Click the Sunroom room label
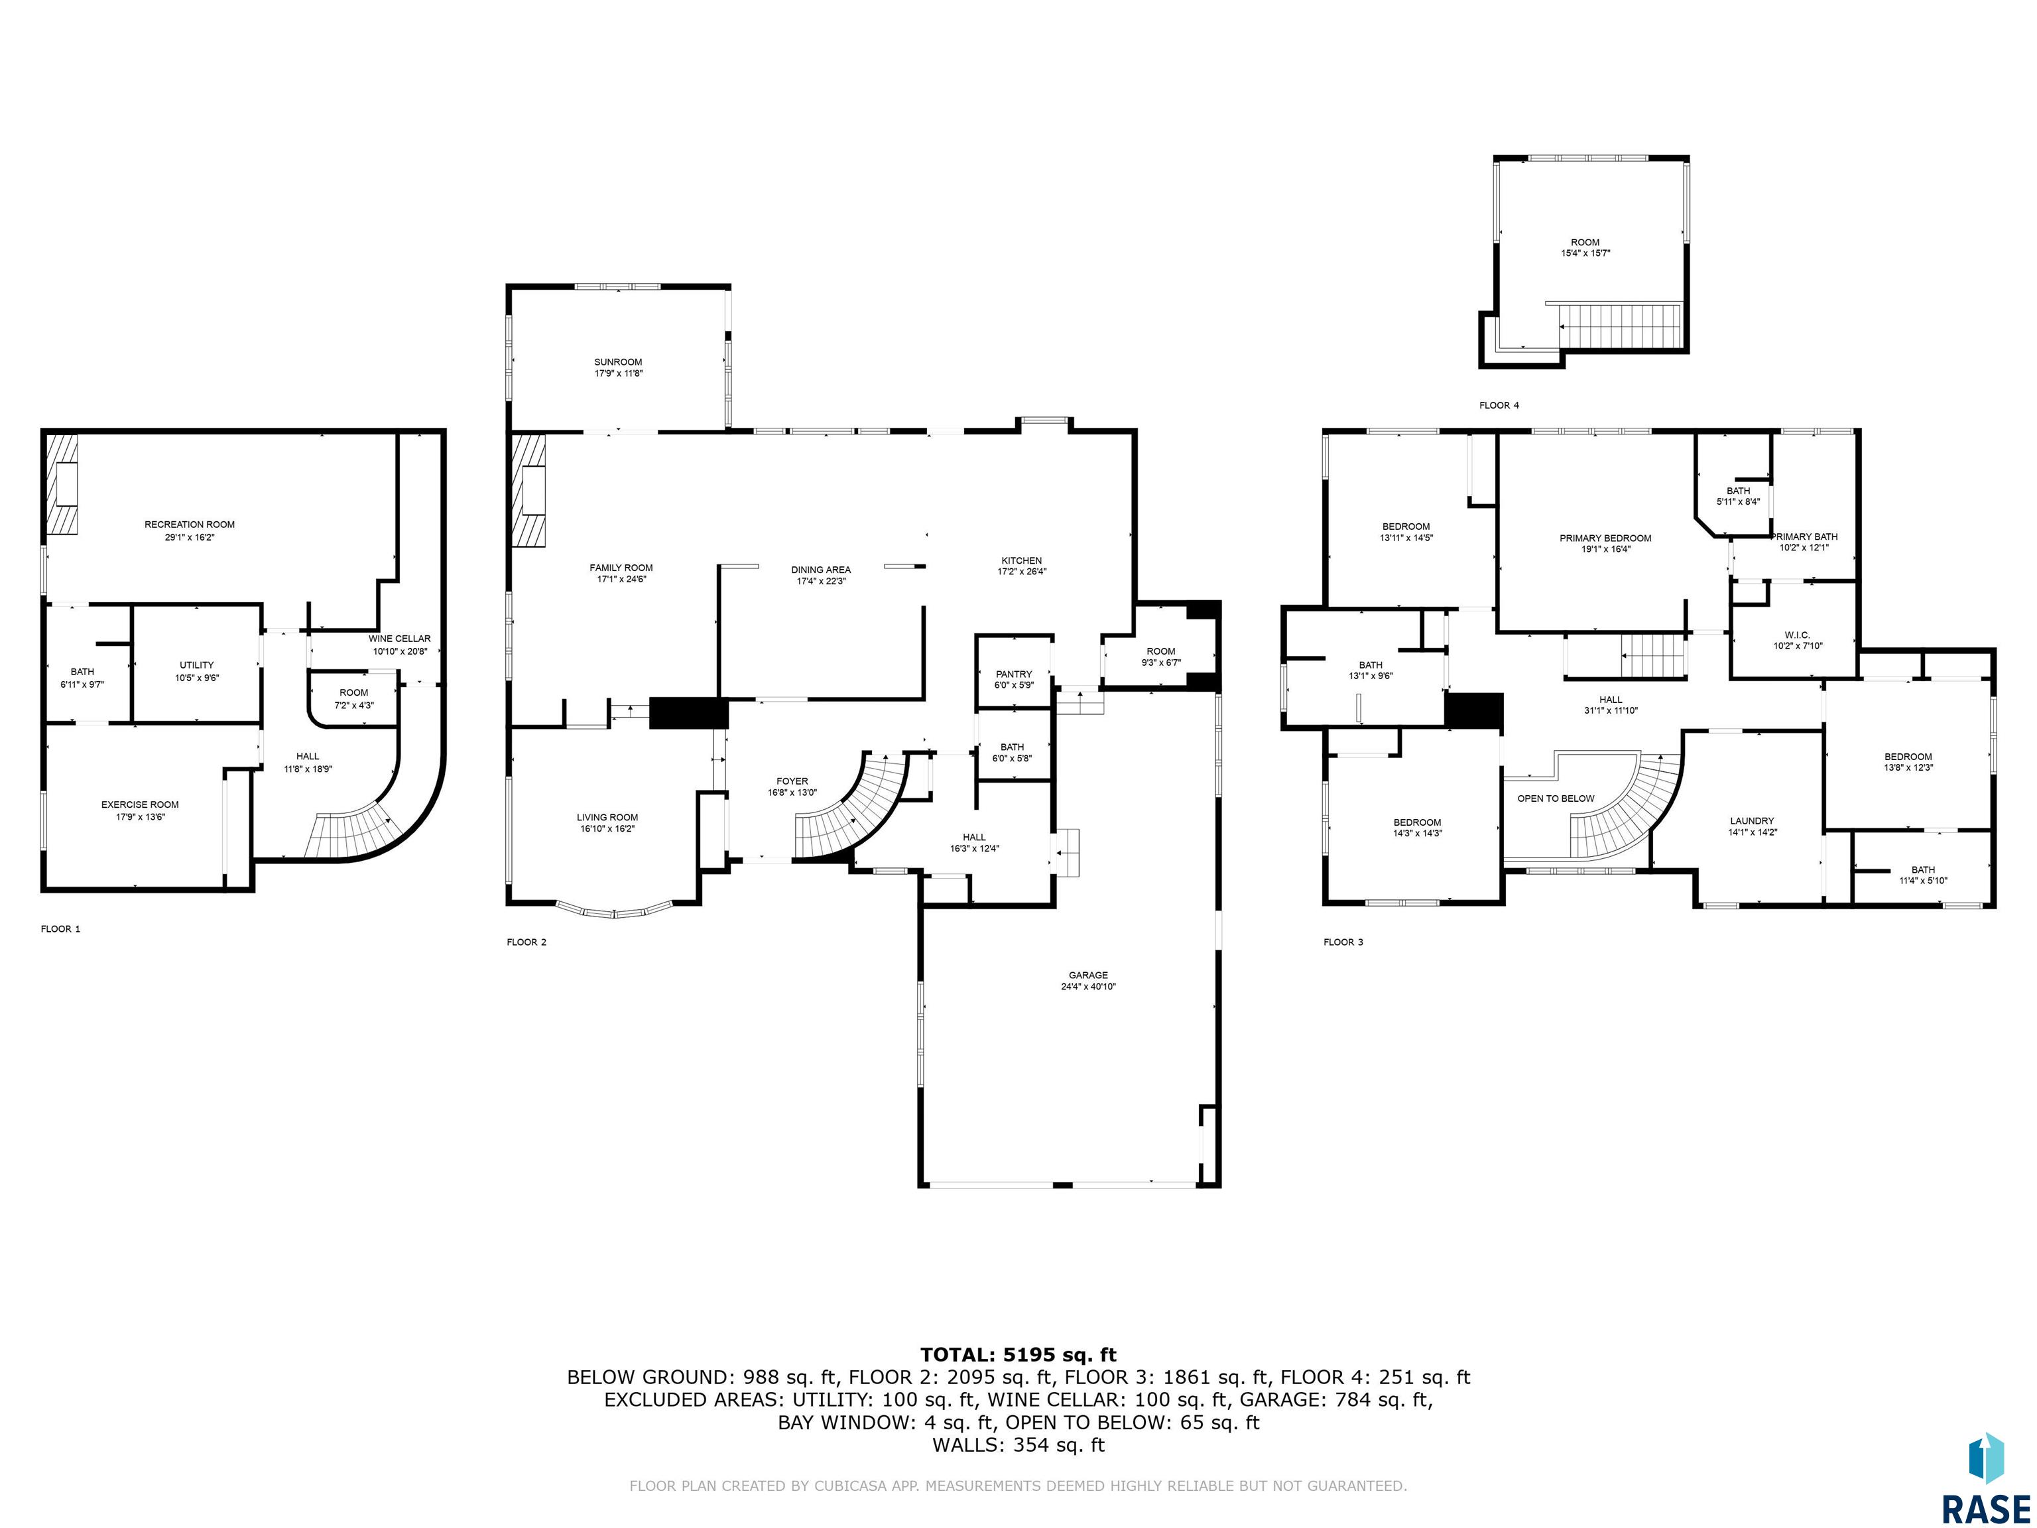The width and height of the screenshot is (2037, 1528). click(618, 363)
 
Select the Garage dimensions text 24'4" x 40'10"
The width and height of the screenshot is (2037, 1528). click(1089, 986)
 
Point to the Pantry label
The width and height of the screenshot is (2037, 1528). click(1014, 674)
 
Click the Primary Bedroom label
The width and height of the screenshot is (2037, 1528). click(1605, 539)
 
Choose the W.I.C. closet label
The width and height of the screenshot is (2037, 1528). click(1797, 635)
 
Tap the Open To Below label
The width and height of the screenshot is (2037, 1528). click(1556, 798)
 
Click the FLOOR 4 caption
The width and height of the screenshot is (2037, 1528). click(1499, 405)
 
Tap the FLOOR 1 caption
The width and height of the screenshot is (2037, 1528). click(61, 928)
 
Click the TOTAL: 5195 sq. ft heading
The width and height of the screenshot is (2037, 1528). click(1018, 1354)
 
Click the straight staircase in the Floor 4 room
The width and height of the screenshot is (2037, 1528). click(1620, 327)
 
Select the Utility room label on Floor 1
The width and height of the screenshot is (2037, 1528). click(196, 665)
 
